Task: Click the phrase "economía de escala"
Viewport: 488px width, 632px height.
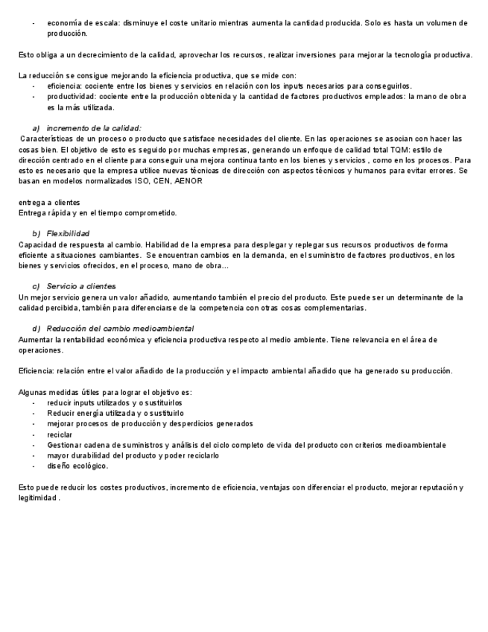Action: pyautogui.click(x=77, y=23)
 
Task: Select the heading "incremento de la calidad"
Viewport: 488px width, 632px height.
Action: pyautogui.click(x=94, y=128)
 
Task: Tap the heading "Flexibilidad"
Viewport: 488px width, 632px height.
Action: pyautogui.click(x=68, y=233)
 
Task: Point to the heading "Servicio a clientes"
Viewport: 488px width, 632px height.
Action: pyautogui.click(x=81, y=286)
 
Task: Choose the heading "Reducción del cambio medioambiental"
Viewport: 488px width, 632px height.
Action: pyautogui.click(x=120, y=329)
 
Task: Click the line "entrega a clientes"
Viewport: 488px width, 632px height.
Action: pyautogui.click(x=49, y=202)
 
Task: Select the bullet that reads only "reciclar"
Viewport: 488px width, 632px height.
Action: pyautogui.click(x=60, y=434)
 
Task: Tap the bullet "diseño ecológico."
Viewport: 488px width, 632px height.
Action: pyautogui.click(x=77, y=466)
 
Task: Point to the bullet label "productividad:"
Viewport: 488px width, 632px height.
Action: pyautogui.click(x=71, y=97)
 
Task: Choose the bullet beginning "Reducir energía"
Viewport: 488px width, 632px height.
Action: pyautogui.click(x=115, y=413)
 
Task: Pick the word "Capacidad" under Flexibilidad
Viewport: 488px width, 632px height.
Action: pyautogui.click(x=37, y=244)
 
